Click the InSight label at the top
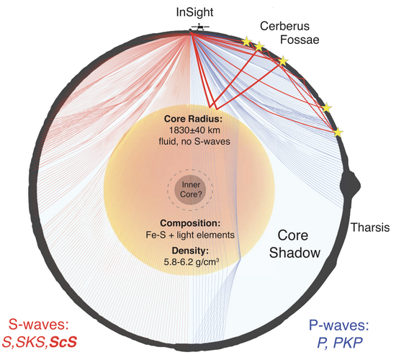(x=194, y=12)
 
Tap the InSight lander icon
(x=200, y=27)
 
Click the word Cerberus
(x=284, y=26)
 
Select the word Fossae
(x=300, y=40)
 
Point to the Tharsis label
(x=371, y=228)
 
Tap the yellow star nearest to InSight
(x=246, y=42)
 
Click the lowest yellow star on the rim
(x=338, y=132)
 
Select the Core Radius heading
(x=193, y=119)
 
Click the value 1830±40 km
(x=194, y=130)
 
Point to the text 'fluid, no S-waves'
(x=194, y=141)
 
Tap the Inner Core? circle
(x=191, y=189)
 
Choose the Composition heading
(x=190, y=223)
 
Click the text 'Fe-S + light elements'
(x=190, y=235)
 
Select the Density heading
(x=190, y=251)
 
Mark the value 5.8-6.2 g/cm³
(x=192, y=262)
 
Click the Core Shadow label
(x=294, y=244)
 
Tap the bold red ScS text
(x=63, y=342)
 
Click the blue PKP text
(x=348, y=343)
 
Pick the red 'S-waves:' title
(x=39, y=325)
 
